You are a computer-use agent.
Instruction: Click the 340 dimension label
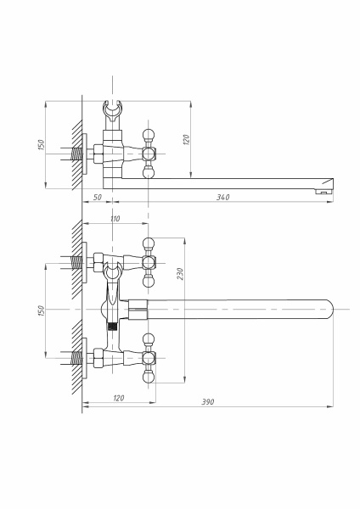coord(223,197)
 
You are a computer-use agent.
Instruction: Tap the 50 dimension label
coord(97,198)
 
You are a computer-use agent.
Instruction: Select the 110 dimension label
coord(115,219)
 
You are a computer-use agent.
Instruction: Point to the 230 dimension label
coord(181,274)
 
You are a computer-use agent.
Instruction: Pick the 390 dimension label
coord(208,402)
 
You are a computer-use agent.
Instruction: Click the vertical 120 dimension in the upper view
coord(186,140)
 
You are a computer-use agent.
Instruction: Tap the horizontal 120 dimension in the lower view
coord(119,398)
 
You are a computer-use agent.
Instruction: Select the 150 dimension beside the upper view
coord(41,145)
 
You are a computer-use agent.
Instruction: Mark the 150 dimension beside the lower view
coord(41,311)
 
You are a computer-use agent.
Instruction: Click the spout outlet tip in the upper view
coord(324,191)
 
